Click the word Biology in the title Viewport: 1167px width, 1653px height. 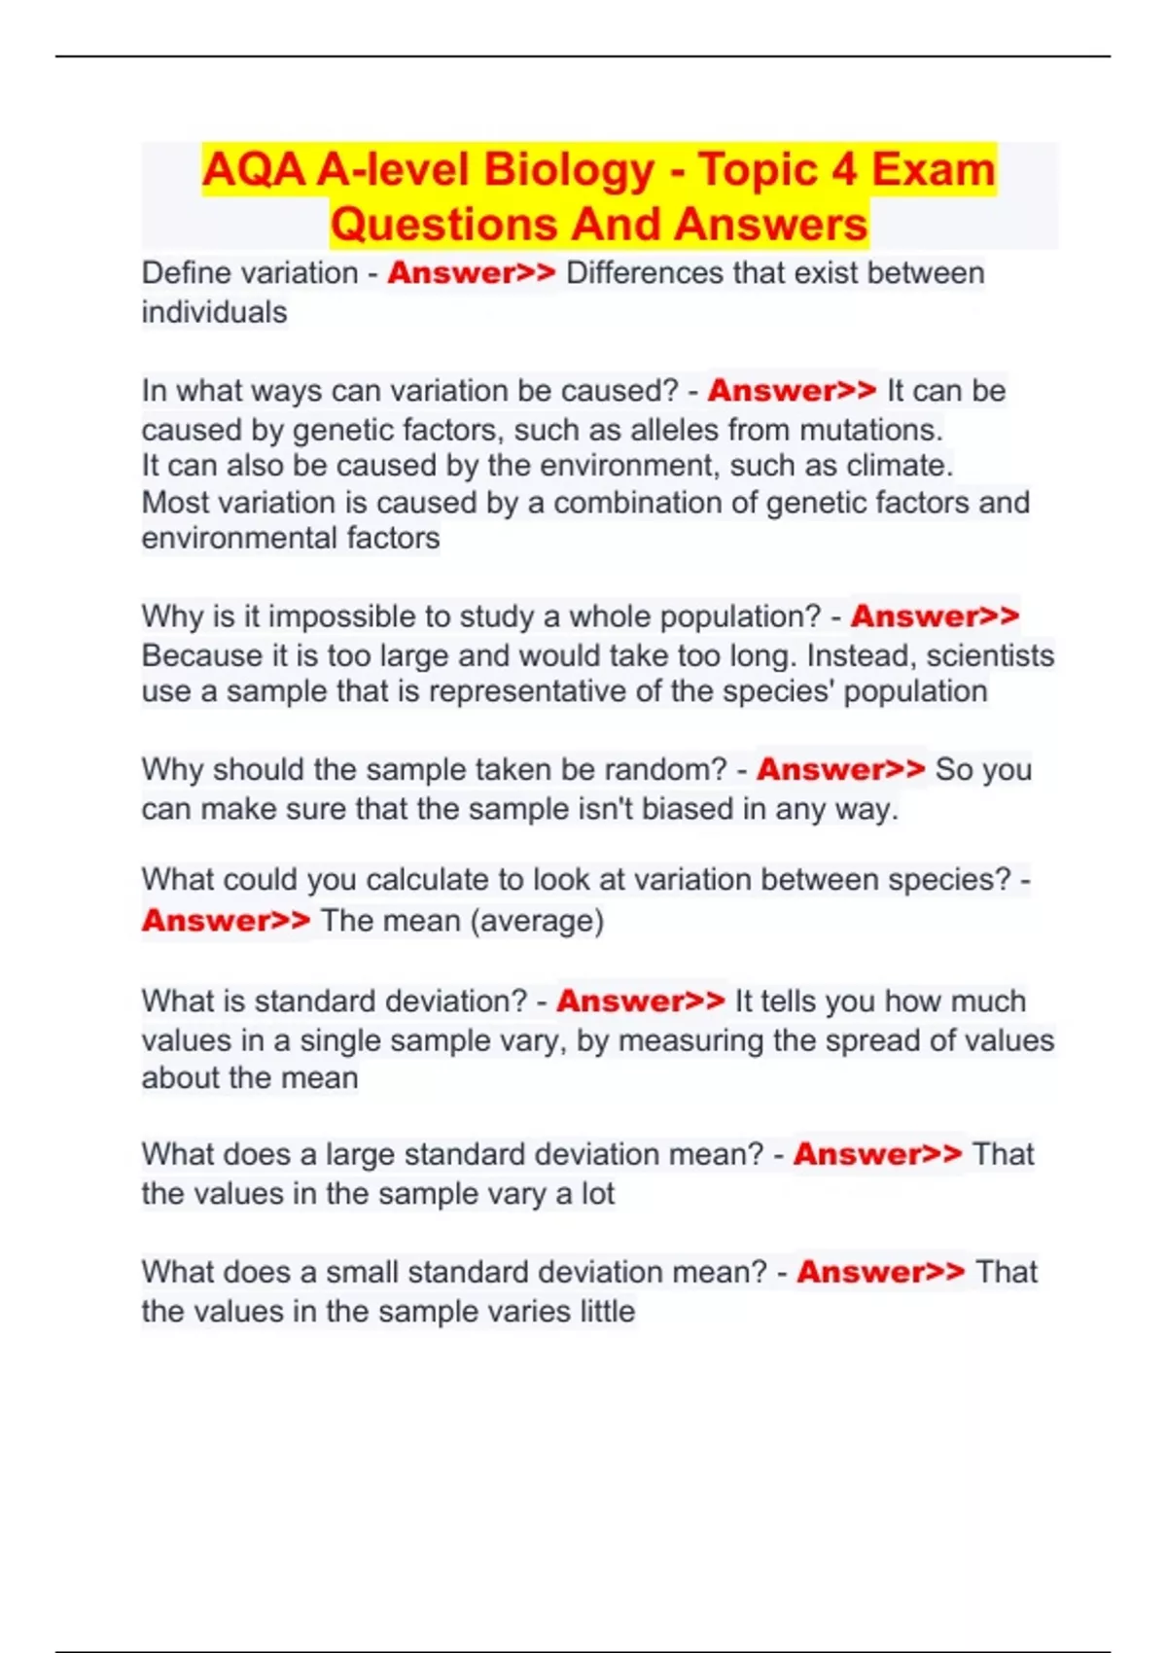(x=568, y=170)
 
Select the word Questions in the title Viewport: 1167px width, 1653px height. (x=442, y=225)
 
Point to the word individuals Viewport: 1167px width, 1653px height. (x=214, y=313)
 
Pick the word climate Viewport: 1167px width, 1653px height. (x=899, y=466)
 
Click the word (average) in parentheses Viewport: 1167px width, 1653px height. (x=537, y=921)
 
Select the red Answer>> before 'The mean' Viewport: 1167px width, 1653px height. (x=226, y=920)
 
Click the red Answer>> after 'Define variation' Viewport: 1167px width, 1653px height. (x=472, y=273)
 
